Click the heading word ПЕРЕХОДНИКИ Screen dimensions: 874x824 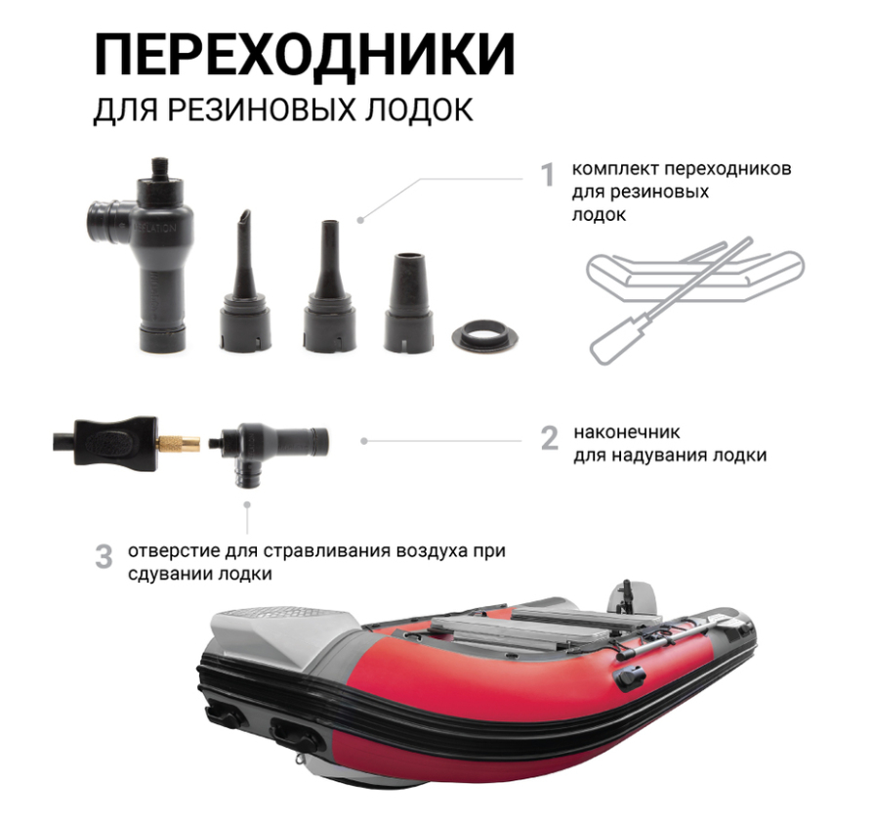pos(305,54)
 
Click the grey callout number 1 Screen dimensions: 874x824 pos(549,175)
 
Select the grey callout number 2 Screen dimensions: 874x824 pos(549,438)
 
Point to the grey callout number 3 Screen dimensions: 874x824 pos(104,557)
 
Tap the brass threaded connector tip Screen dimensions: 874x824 pos(179,444)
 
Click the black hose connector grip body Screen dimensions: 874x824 pos(115,444)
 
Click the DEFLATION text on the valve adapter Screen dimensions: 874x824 pos(156,228)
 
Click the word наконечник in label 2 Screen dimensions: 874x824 pos(627,432)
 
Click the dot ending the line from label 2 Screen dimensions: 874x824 pos(364,441)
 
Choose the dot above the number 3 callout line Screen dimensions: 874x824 pos(247,504)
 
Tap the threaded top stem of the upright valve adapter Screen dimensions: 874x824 pos(161,167)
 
